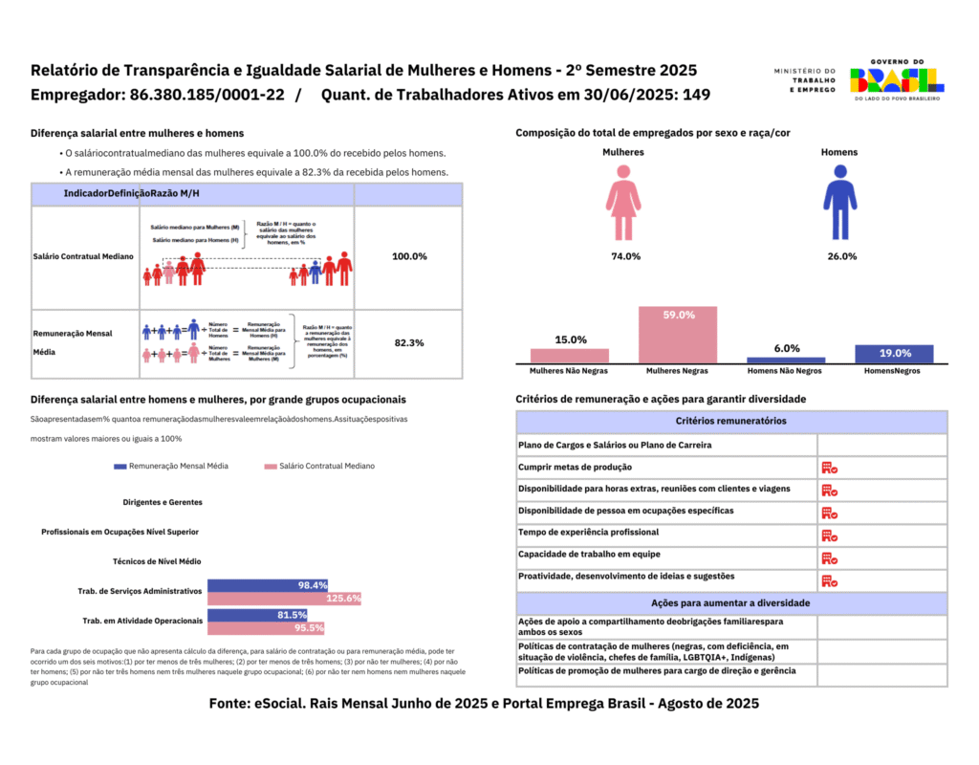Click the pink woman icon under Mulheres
622,202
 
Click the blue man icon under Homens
839,202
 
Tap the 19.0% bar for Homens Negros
894,354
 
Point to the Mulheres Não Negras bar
569,356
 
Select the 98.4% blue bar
268,585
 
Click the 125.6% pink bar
284,599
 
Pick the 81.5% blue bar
257,615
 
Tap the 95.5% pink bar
266,628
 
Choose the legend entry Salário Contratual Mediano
319,466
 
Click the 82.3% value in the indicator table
408,342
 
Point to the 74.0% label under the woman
626,256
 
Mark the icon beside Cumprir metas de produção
829,468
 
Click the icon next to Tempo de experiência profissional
829,535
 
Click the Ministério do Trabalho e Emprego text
804,79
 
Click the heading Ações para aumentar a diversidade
731,603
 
